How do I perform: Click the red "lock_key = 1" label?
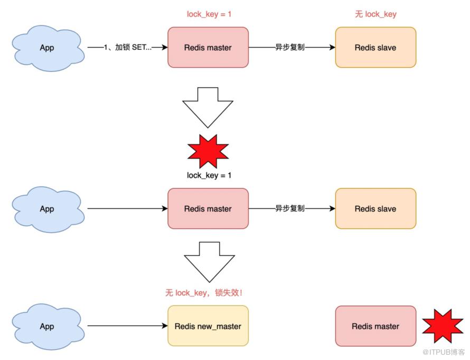[209, 14]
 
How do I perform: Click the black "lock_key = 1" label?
[209, 175]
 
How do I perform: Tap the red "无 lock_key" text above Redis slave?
[375, 14]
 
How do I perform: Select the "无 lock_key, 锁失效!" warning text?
[204, 292]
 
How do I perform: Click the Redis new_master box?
[208, 326]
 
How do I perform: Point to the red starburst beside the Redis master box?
[443, 326]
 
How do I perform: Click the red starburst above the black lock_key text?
[208, 151]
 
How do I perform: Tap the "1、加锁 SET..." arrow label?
[128, 47]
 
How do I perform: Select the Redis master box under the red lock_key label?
[208, 48]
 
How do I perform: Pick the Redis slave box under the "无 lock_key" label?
[375, 48]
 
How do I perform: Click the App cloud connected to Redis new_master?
[48, 326]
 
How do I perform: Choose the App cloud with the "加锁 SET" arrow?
[48, 48]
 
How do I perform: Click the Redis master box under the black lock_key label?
[208, 208]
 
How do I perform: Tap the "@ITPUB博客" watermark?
[443, 352]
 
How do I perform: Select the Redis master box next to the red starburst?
[375, 326]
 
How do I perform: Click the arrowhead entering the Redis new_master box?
[165, 326]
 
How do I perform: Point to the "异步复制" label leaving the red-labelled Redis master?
[290, 47]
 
